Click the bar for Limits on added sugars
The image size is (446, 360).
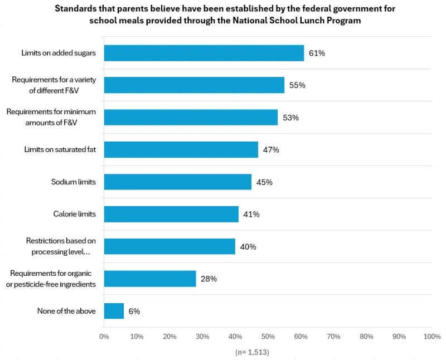pos(203,53)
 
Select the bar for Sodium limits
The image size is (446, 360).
pos(177,182)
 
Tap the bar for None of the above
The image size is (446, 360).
pos(114,311)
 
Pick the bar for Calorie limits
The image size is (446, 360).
pos(171,215)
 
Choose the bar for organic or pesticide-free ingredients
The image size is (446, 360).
pos(150,279)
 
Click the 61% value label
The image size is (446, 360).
pos(317,53)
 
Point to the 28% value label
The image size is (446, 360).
pos(209,279)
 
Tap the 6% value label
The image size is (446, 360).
pos(134,311)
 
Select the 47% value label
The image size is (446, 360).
pos(270,150)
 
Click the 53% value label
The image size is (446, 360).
pos(290,118)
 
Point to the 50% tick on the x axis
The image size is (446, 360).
pos(268,337)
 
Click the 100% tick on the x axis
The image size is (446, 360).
pos(432,337)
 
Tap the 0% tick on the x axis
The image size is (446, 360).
pos(104,337)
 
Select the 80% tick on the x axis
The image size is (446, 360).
pos(366,337)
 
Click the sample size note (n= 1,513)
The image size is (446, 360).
pos(253,352)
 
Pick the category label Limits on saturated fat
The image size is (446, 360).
pos(60,150)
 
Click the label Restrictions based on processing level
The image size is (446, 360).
pos(61,246)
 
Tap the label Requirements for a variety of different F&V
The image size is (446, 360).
pos(54,85)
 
